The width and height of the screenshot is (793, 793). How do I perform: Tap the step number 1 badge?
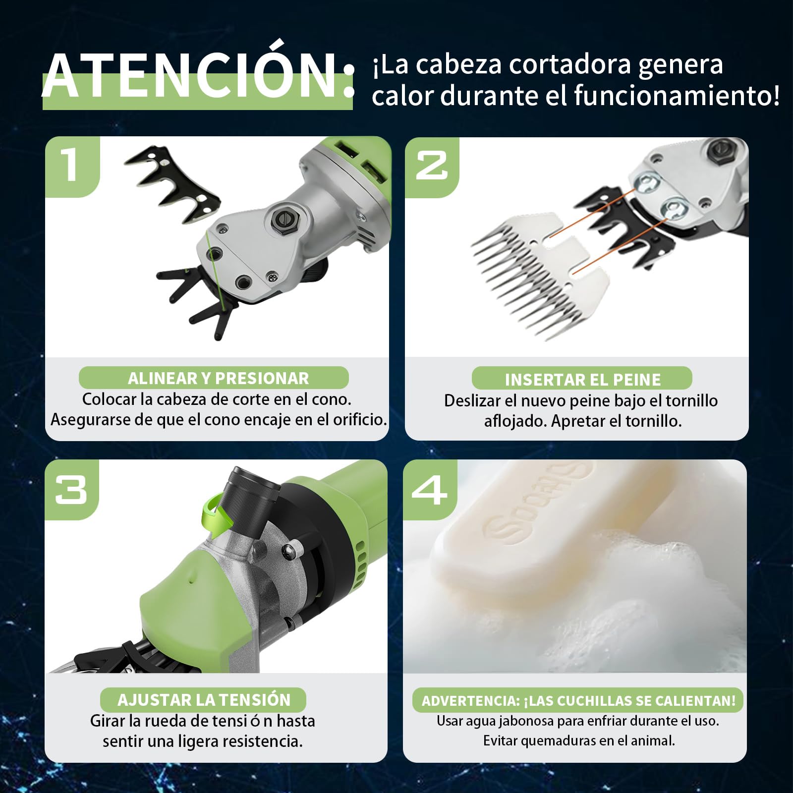click(72, 167)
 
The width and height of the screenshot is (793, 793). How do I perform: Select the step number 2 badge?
click(432, 167)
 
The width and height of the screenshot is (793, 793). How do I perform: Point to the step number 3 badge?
click(72, 490)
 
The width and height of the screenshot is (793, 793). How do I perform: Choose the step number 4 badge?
click(430, 490)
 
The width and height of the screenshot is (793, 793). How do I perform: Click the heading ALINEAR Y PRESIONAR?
click(218, 378)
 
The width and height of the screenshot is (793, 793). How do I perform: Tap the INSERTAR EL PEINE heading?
click(582, 380)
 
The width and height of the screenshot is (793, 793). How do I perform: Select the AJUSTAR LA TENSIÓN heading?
click(204, 699)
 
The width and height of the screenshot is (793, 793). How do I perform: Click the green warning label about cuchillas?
click(578, 700)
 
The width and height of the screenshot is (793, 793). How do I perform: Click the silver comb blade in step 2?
click(540, 273)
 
